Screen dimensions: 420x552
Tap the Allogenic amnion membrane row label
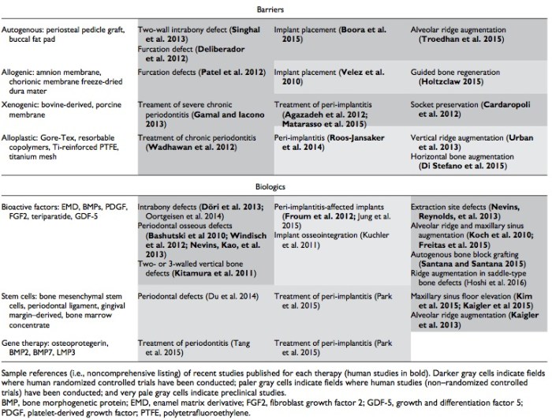click(63, 77)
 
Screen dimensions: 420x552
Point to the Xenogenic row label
click(60, 110)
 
